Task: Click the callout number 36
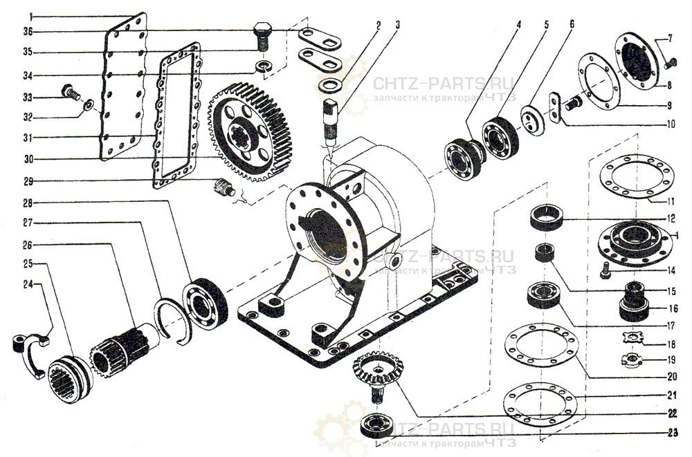coord(27,31)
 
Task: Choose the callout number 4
coord(518,25)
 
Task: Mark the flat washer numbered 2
coord(331,85)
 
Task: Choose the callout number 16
coord(673,308)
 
